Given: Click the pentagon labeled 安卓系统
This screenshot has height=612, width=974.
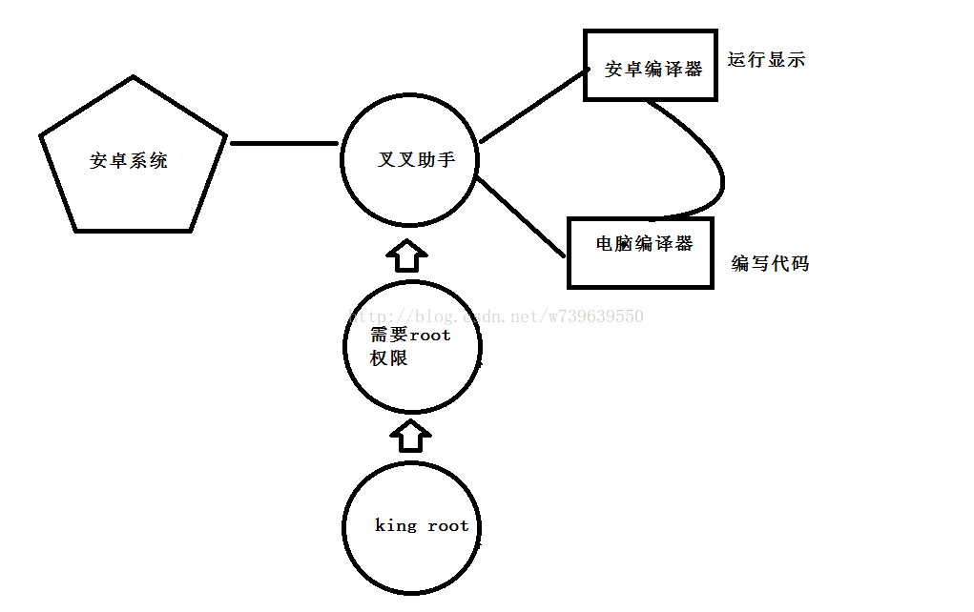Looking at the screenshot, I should click(x=131, y=161).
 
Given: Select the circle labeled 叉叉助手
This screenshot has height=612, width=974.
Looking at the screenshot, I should click(x=409, y=159).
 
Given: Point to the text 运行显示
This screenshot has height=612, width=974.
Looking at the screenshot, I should click(x=766, y=60).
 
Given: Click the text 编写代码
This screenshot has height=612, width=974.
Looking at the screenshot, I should click(x=770, y=264).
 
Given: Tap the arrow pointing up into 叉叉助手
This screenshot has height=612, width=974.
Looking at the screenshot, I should click(x=407, y=255).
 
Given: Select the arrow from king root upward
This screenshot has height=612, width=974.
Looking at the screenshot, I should click(x=410, y=435).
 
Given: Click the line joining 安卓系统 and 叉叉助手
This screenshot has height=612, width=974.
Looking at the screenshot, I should click(x=284, y=144).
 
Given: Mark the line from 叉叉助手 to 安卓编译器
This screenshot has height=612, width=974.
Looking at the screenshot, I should click(x=531, y=107).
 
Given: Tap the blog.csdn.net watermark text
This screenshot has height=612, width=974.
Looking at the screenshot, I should click(x=496, y=316).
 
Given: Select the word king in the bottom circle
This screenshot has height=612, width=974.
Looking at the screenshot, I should click(x=395, y=526).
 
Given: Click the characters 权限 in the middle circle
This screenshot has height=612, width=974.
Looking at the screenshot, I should click(x=389, y=359).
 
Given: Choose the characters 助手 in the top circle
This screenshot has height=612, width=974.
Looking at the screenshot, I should click(x=436, y=160).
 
